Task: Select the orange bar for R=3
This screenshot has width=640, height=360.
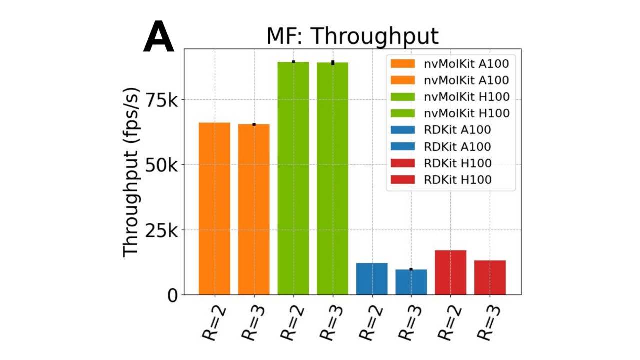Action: point(254,209)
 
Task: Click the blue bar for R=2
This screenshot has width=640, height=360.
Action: point(372,279)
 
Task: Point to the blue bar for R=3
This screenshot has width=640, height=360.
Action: point(411,282)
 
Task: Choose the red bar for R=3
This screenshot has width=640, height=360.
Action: point(490,277)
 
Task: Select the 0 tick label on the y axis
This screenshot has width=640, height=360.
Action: point(171,295)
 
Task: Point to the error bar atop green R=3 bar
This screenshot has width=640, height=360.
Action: point(333,63)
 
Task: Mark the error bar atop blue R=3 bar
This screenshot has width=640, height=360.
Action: point(411,269)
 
